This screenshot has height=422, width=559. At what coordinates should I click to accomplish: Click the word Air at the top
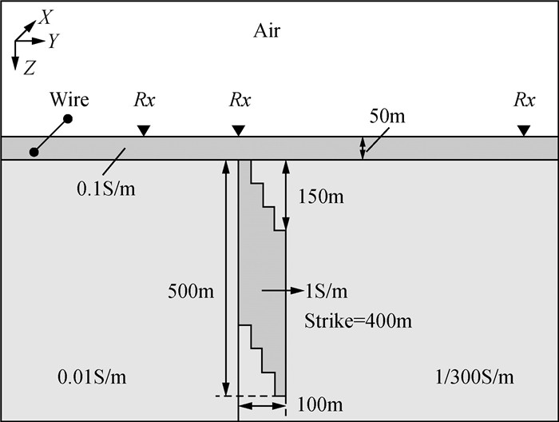pyautogui.click(x=268, y=31)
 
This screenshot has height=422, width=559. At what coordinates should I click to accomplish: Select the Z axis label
pyautogui.click(x=30, y=69)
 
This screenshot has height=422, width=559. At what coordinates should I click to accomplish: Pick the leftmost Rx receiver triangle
pyautogui.click(x=143, y=129)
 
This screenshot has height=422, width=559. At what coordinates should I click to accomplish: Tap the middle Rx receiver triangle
pyautogui.click(x=238, y=129)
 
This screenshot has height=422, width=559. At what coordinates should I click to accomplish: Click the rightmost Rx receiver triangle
pyautogui.click(x=523, y=129)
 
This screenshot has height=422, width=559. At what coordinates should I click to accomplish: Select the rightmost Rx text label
pyautogui.click(x=525, y=101)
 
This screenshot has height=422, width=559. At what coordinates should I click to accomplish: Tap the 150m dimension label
pyautogui.click(x=321, y=196)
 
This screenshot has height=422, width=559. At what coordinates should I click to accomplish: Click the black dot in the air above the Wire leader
pyautogui.click(x=69, y=119)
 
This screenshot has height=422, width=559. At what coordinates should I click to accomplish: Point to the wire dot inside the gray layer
pyautogui.click(x=34, y=150)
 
